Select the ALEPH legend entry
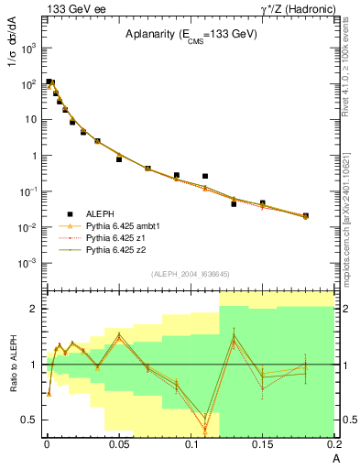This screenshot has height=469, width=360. (99, 213)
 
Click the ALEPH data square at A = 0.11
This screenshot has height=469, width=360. (205, 176)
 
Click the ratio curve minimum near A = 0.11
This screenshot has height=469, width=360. (205, 429)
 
